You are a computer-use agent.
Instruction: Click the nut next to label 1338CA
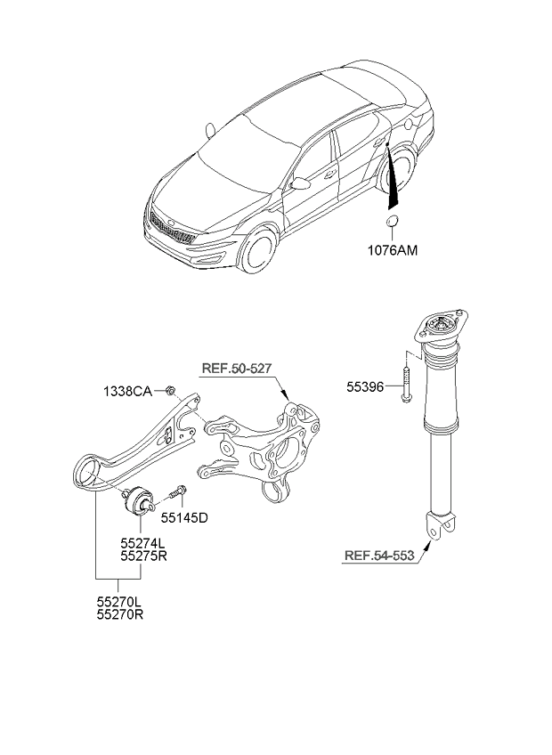pos(172,389)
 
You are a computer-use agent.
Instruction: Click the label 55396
pos(369,388)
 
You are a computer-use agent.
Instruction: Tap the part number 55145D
pos(184,516)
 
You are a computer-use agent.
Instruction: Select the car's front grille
pos(170,229)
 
